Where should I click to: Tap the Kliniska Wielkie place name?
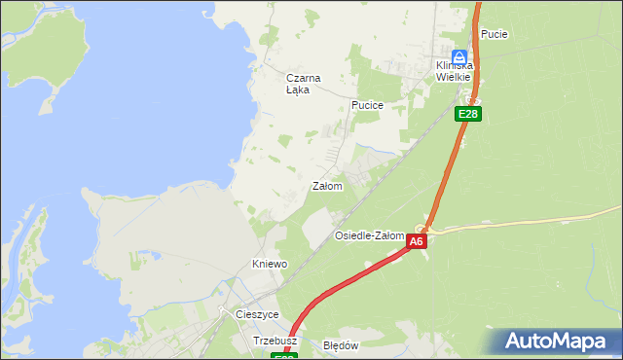454,71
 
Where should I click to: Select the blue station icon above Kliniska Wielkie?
459,55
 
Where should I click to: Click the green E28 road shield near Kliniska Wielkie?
468,114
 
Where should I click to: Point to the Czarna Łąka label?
303,84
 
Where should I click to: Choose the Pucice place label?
367,105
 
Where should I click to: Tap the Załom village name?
326,186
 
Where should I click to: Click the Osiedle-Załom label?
369,236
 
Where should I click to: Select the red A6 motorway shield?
417,241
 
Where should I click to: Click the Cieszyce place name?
257,315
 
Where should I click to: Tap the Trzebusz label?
274,342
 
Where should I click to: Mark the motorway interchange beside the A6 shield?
422,227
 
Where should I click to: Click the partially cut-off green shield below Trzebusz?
284,356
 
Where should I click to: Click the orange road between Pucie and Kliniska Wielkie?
477,39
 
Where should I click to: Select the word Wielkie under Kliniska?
454,77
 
